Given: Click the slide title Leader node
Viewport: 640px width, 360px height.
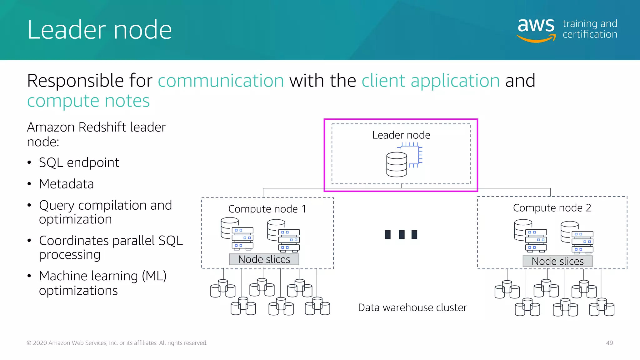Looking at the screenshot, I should tap(99, 30).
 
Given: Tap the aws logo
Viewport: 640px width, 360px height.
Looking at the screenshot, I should tap(536, 29).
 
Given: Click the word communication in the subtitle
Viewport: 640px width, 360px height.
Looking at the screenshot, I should tap(221, 81).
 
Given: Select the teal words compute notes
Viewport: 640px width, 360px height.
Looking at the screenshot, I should tap(88, 101).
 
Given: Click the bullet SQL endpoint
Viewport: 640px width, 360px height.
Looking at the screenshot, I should tap(79, 162).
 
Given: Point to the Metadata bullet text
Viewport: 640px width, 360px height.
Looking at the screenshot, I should tap(66, 184).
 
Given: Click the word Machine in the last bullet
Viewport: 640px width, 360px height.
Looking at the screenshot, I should tap(61, 276).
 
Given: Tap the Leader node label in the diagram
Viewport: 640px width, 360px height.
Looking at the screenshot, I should tap(401, 135).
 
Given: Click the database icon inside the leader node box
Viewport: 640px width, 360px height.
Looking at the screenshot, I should tap(397, 164).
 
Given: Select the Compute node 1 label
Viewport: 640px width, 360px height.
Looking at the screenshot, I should tap(267, 209).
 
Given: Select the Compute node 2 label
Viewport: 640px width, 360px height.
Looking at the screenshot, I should tap(552, 208).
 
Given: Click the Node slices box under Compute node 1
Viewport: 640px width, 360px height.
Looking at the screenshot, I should tap(264, 259).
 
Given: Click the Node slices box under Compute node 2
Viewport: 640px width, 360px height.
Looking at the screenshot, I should tap(557, 261).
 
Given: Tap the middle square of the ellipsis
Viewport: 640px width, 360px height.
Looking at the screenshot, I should tap(402, 234).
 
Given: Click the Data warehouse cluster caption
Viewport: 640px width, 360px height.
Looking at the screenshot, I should tap(412, 307).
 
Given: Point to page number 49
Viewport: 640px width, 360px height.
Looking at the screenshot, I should tap(609, 343).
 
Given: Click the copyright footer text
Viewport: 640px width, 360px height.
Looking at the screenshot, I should tap(117, 343).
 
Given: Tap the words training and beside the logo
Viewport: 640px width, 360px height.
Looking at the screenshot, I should tap(590, 24).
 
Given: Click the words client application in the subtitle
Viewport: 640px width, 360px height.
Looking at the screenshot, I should tap(431, 81).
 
